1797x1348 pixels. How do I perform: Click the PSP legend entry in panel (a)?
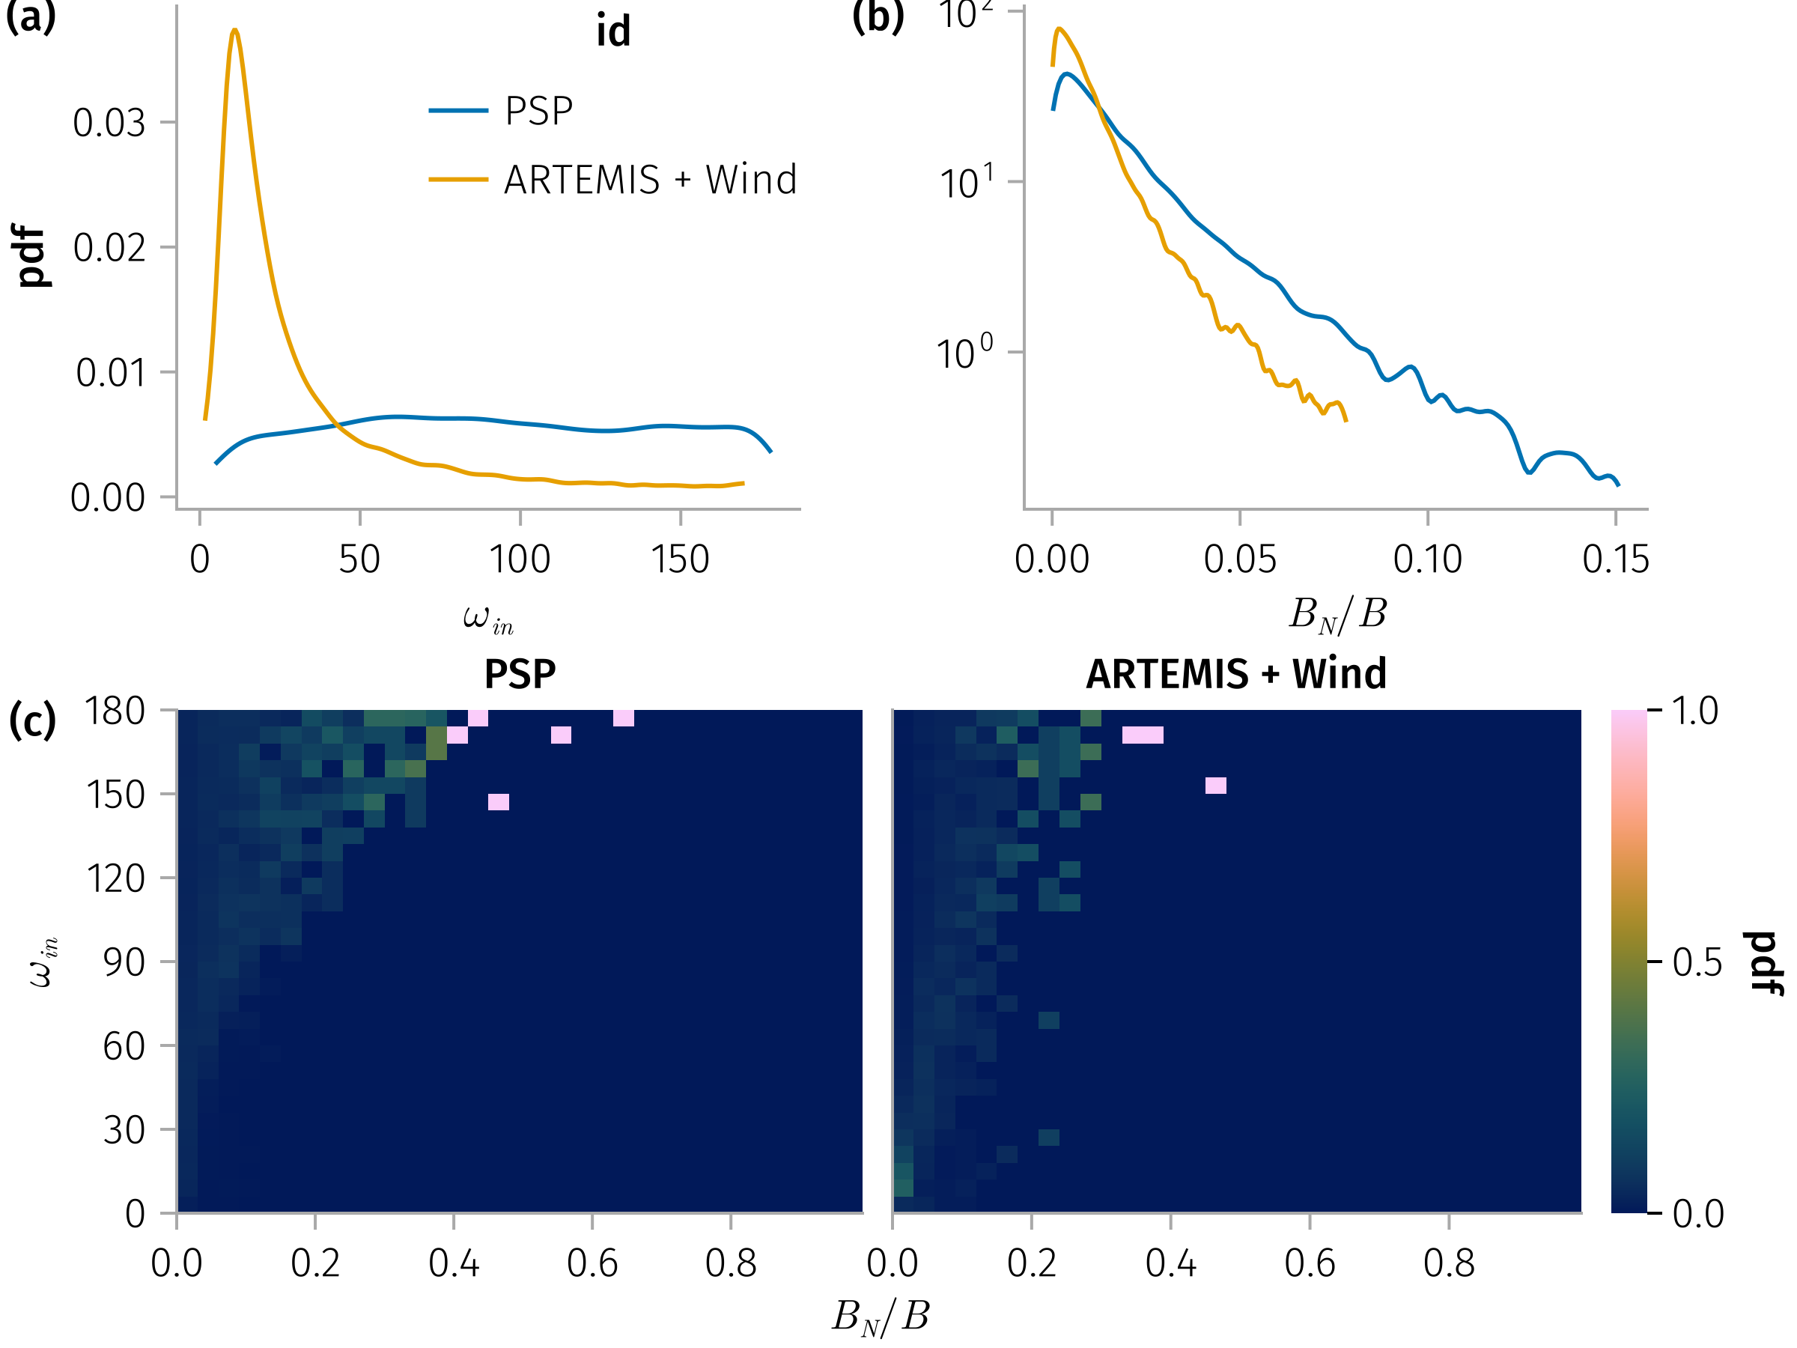[538, 111]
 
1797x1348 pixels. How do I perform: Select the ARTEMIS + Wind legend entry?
[649, 180]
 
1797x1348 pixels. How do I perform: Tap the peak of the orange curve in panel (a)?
[235, 30]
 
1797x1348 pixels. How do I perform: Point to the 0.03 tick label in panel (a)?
[109, 123]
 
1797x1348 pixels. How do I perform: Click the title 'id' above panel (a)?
[613, 31]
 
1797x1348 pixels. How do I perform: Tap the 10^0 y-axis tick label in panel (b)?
[964, 353]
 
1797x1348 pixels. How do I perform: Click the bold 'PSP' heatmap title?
[520, 673]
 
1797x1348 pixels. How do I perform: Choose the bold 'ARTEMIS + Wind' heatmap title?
[1235, 673]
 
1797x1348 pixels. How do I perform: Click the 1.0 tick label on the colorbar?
[1695, 711]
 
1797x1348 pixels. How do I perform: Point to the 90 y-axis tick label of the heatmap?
[124, 962]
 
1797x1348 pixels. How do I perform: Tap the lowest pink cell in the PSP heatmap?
[499, 802]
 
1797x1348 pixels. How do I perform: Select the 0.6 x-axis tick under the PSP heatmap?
[592, 1263]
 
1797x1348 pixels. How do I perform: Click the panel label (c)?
[32, 720]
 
